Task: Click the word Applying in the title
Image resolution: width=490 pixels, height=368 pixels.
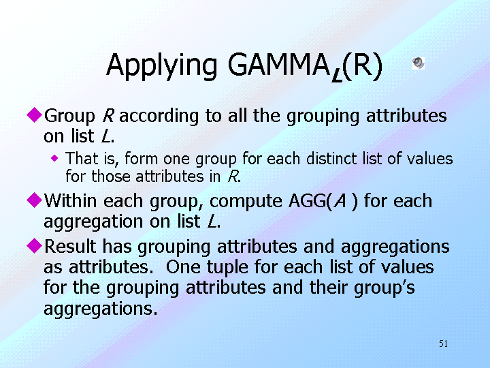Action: pos(161,66)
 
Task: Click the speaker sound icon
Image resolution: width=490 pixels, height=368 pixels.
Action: pos(419,63)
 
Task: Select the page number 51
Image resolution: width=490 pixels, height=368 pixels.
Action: pos(444,343)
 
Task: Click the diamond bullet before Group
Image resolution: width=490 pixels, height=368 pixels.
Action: pos(35,114)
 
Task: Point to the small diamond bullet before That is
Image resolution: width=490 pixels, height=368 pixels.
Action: pos(54,158)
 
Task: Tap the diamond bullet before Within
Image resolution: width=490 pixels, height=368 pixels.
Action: pos(35,200)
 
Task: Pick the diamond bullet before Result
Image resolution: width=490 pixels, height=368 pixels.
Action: pos(35,245)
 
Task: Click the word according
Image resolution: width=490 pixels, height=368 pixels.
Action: pos(159,117)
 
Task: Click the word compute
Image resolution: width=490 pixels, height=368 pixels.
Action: pos(246,202)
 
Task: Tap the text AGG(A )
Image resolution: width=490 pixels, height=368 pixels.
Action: pos(323,201)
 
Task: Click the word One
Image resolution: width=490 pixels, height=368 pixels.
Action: pos(183,267)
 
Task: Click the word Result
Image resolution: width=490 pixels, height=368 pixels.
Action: pos(70,246)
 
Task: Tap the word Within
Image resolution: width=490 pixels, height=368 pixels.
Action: pos(70,200)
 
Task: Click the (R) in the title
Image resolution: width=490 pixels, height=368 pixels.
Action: pos(363,66)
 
